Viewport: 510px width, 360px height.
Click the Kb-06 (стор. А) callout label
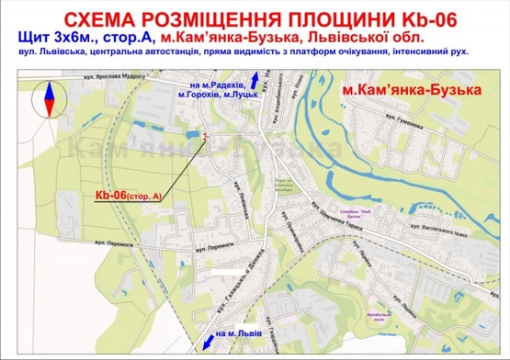point(128,195)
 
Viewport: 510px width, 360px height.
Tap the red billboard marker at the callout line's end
point(205,137)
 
